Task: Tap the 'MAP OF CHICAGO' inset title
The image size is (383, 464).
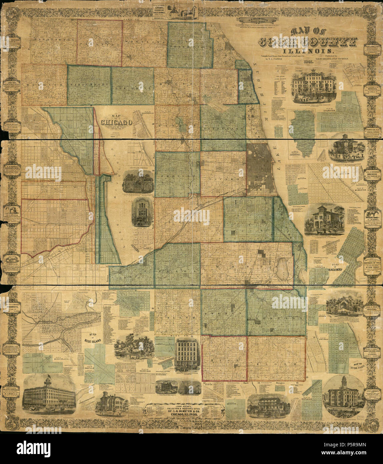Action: pos(117,120)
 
